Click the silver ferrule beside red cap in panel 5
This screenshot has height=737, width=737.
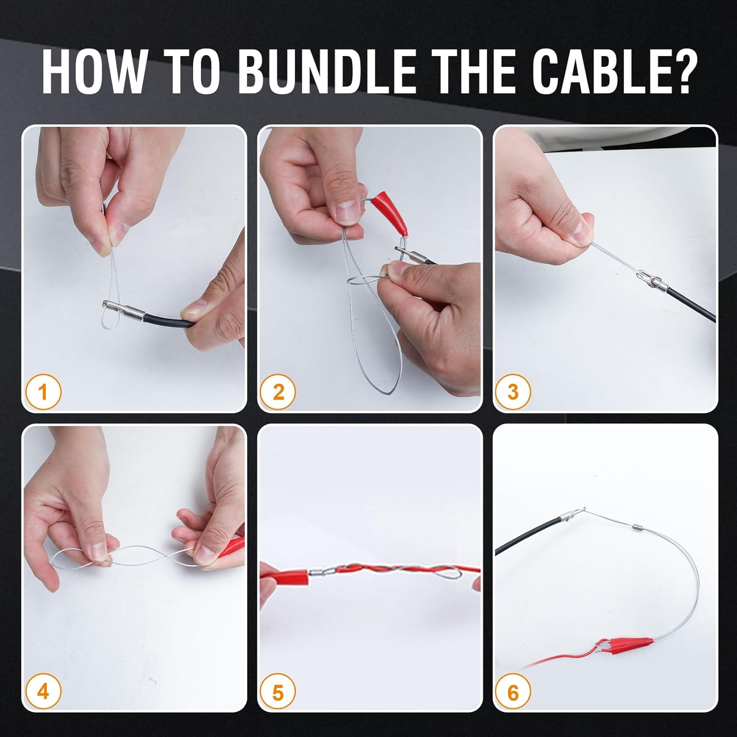[x=317, y=572]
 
